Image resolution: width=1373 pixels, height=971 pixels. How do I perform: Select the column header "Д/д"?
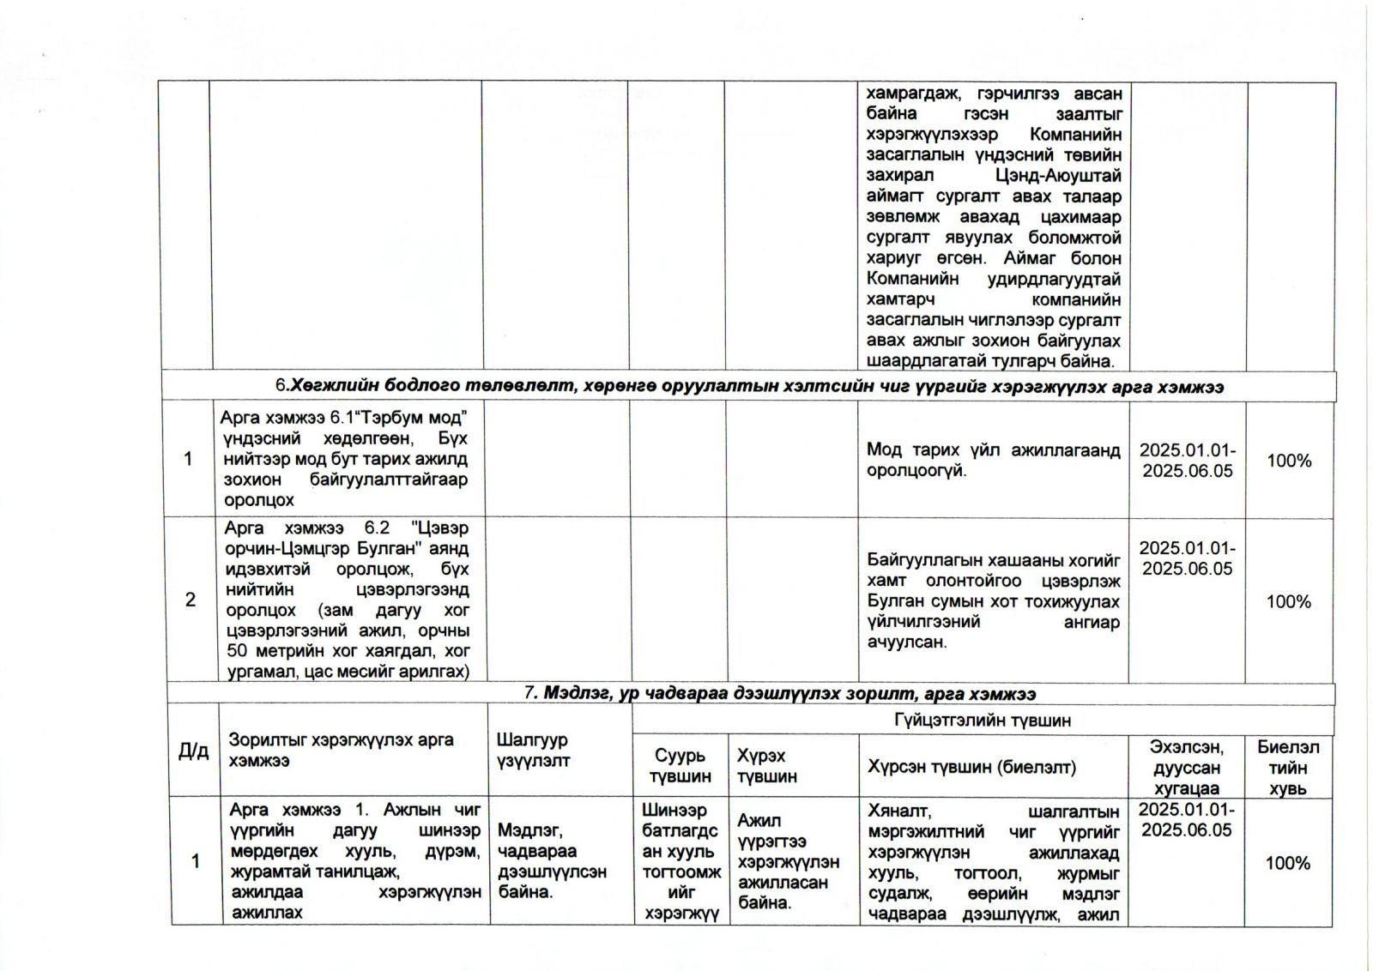tap(193, 751)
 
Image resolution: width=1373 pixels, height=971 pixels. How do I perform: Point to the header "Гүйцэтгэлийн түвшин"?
tap(982, 721)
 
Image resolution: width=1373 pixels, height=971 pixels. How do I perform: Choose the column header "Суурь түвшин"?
tap(680, 766)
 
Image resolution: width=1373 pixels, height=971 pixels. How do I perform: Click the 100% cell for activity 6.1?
tap(1289, 461)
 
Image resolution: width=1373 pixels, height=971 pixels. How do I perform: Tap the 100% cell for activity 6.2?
tap(1289, 601)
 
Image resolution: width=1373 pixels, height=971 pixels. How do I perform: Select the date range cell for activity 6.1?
tap(1187, 461)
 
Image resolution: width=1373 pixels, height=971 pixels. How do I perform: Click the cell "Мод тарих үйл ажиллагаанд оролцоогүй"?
tap(993, 461)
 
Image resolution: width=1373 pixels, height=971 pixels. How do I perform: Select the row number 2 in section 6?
tap(191, 600)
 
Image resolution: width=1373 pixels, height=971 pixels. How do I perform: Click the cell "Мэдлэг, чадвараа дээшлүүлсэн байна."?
tap(552, 860)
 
